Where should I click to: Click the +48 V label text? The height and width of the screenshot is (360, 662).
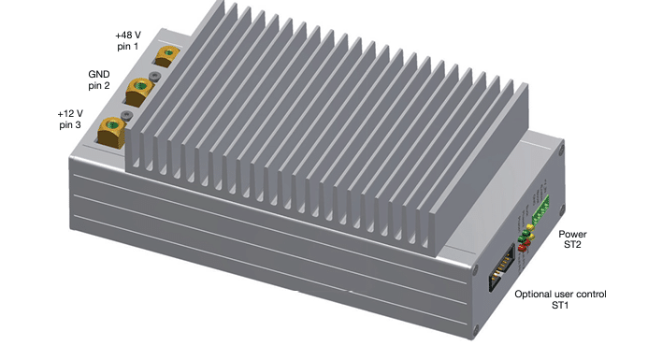(x=128, y=35)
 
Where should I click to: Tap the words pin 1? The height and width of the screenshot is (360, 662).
(x=127, y=47)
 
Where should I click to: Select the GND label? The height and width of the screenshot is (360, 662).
(x=99, y=74)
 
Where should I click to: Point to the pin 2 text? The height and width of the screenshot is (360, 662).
(x=99, y=86)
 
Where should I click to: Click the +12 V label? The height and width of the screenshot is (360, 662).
(x=70, y=113)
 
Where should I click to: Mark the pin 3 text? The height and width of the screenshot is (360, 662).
(x=70, y=125)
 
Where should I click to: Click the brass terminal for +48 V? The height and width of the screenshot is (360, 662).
(x=166, y=56)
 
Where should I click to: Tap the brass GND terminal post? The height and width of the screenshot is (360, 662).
(x=139, y=92)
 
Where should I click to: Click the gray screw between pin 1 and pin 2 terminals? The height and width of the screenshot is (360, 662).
(x=155, y=77)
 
